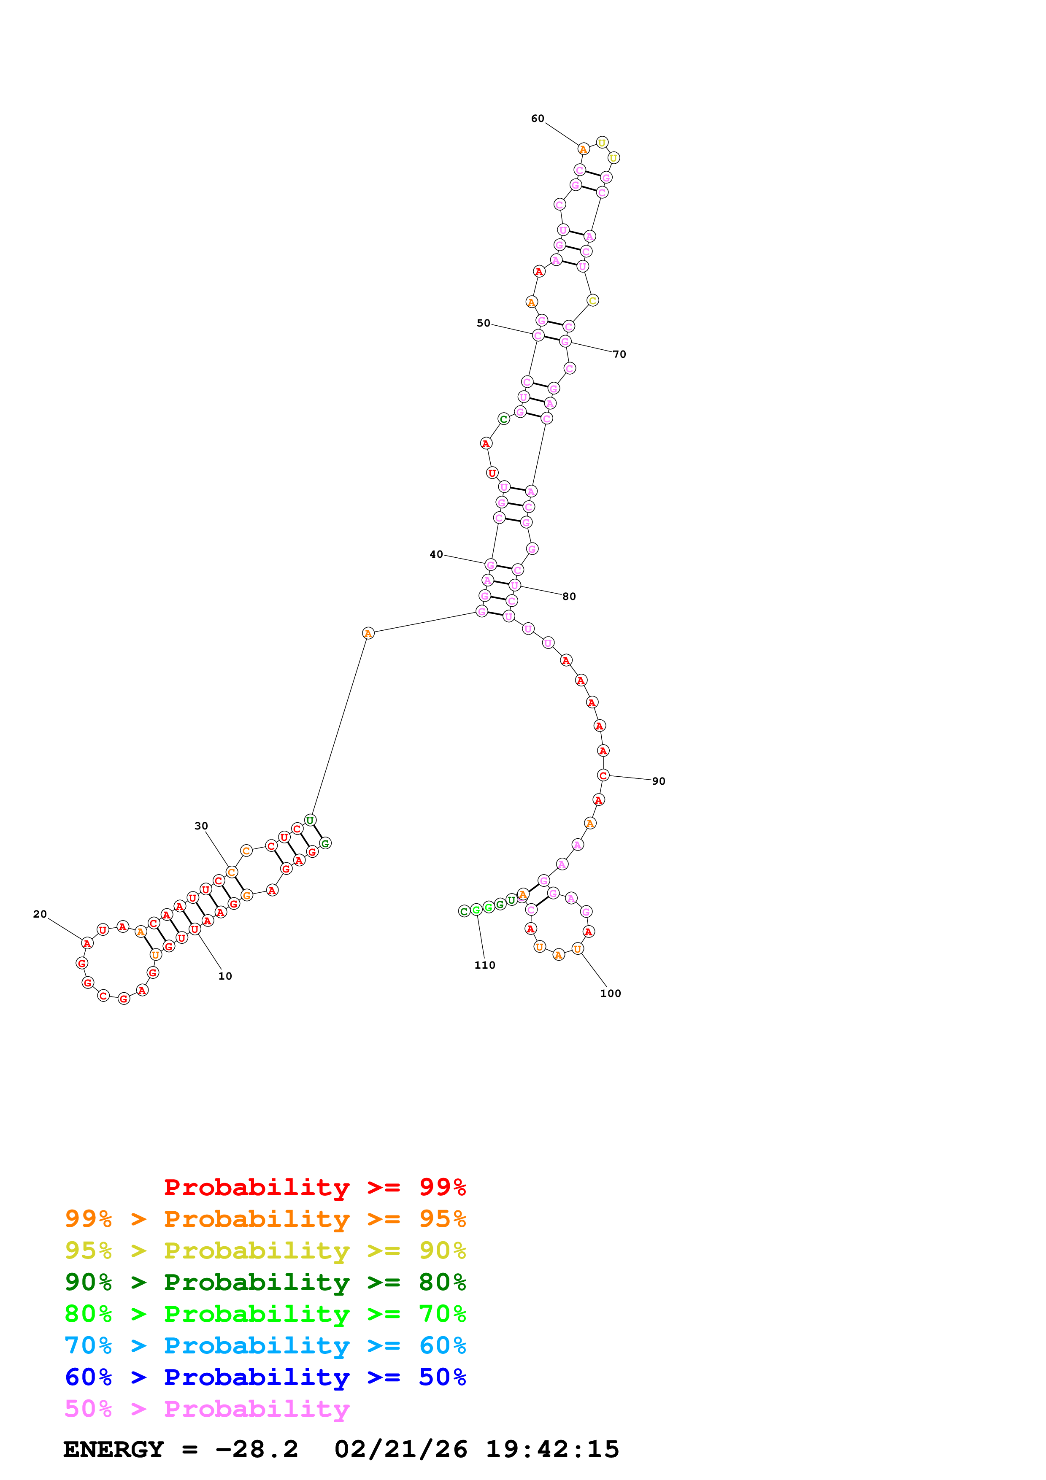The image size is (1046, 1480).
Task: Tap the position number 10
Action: (x=225, y=976)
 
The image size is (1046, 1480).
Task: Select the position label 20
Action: (x=40, y=914)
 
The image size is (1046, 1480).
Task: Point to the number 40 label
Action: (x=436, y=554)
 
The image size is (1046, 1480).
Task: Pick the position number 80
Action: (x=569, y=596)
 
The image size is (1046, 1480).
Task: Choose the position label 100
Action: (x=610, y=993)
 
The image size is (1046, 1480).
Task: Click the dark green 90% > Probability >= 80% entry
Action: (x=265, y=1282)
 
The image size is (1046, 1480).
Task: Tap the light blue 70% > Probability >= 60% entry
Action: (x=265, y=1345)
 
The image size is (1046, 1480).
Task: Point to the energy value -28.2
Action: (x=257, y=1449)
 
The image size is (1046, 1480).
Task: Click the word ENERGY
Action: (x=114, y=1449)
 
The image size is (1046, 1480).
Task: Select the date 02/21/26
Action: (x=401, y=1449)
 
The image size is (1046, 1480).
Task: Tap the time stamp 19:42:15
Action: (x=552, y=1449)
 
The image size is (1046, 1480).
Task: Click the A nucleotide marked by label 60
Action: (x=583, y=149)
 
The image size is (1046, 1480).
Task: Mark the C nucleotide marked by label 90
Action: (x=603, y=775)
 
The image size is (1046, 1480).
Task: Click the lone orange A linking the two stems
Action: (x=368, y=633)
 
